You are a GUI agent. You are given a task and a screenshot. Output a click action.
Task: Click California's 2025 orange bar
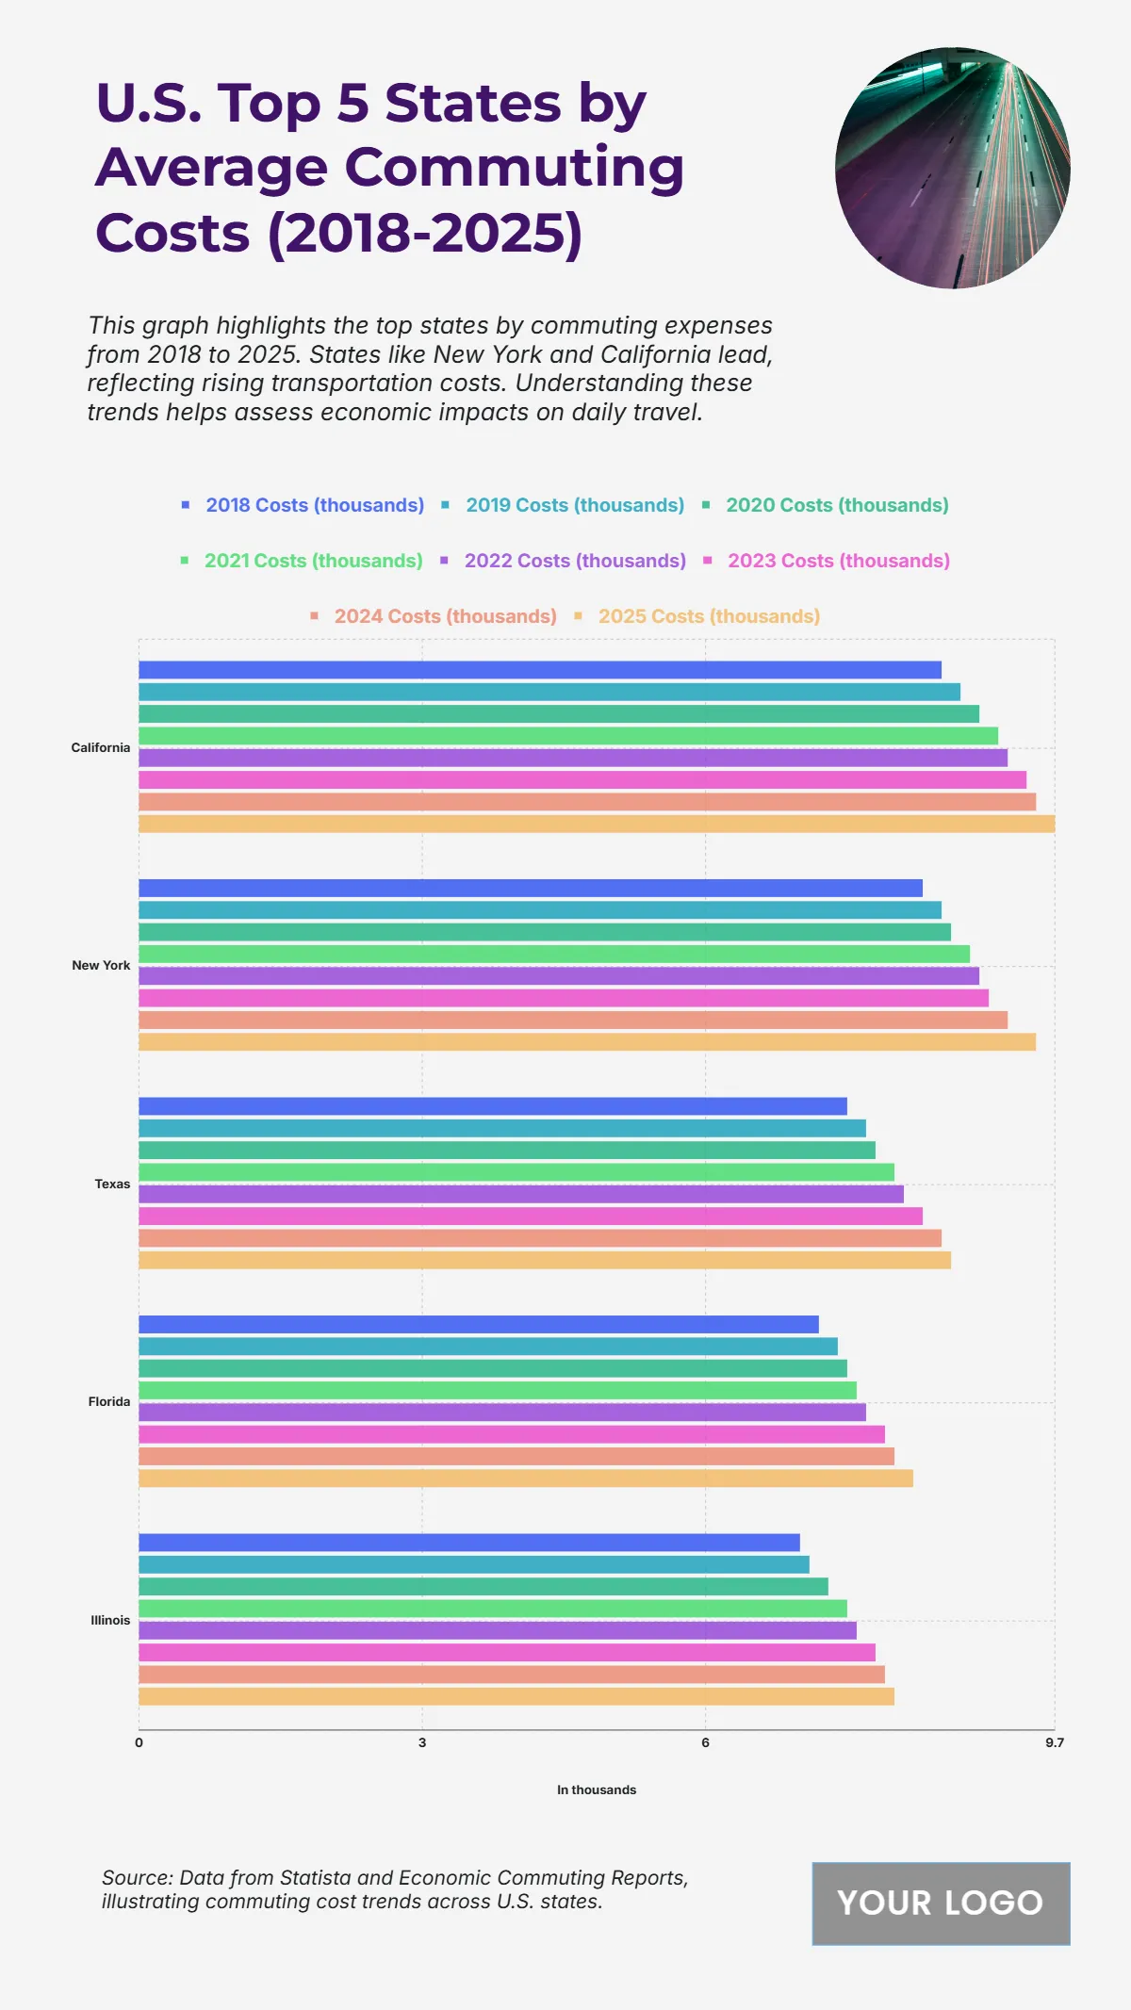pos(596,824)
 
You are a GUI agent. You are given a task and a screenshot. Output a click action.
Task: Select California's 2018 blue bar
pos(539,670)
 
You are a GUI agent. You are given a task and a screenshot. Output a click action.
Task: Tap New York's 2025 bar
pos(586,1041)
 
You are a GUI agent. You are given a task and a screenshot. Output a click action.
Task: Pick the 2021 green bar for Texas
pos(516,1172)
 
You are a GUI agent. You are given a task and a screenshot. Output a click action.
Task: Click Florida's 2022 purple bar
pos(501,1412)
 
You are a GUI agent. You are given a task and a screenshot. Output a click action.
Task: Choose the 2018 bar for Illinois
pos(468,1543)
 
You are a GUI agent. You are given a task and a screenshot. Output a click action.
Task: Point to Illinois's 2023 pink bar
pos(506,1652)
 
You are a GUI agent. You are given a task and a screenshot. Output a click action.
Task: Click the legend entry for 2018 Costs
pos(314,505)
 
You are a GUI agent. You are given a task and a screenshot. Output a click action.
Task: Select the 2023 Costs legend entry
pos(838,561)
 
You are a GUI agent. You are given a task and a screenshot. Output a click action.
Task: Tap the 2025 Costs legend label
pos(708,616)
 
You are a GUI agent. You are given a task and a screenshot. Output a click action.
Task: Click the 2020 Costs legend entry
pos(836,505)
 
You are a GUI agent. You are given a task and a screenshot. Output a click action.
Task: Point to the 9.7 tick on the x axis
pos(1054,1742)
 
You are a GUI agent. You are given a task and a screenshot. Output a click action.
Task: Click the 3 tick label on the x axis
pos(422,1742)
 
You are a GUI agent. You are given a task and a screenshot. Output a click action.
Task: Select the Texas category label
pos(112,1184)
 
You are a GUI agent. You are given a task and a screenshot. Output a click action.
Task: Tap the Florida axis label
pos(109,1401)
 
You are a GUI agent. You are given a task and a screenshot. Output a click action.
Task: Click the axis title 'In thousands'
pos(596,1789)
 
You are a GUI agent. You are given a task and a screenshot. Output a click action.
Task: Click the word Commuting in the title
pos(515,168)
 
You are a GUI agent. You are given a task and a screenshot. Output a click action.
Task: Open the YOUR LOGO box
pos(941,1903)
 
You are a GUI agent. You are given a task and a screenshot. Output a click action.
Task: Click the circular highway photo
pos(952,168)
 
